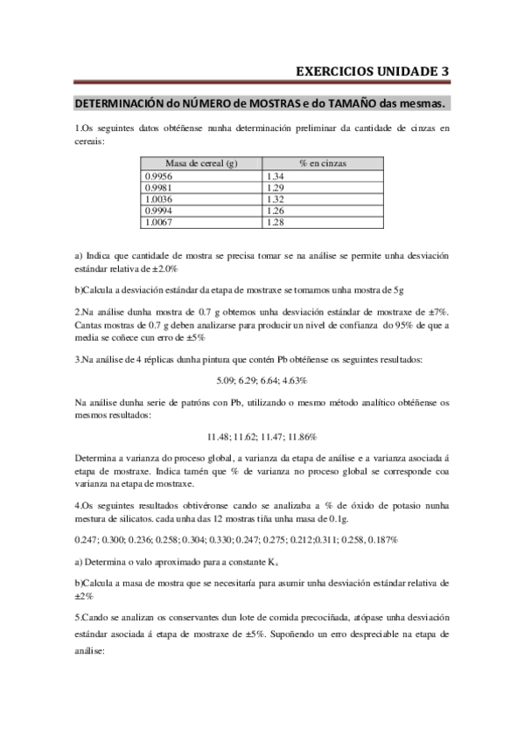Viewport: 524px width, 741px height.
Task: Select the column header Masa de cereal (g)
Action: [x=201, y=163]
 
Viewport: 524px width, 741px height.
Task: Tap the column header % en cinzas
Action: [x=321, y=163]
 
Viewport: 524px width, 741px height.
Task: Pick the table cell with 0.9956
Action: [x=158, y=176]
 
